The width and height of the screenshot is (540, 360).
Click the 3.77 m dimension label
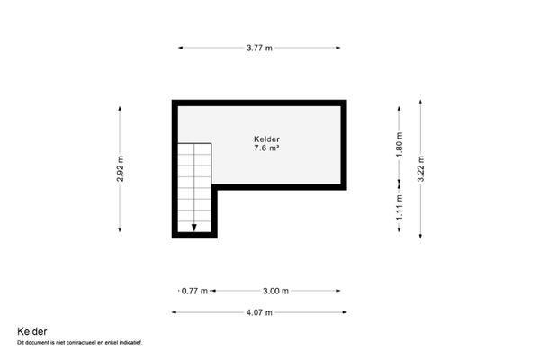click(x=260, y=48)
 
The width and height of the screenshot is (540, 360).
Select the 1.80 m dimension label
click(x=400, y=144)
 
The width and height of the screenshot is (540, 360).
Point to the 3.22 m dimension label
click(x=420, y=169)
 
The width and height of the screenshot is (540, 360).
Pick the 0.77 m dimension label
click(x=194, y=291)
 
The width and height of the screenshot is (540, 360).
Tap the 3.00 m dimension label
click(x=275, y=291)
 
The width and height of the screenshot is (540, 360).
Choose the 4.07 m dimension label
click(x=258, y=312)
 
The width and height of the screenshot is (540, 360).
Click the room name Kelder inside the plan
click(x=266, y=139)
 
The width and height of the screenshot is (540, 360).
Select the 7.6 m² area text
click(x=266, y=149)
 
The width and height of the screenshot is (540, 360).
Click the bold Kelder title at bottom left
click(x=31, y=331)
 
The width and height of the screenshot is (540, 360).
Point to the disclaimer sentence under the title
click(x=80, y=343)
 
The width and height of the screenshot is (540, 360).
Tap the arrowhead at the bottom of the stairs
click(x=194, y=228)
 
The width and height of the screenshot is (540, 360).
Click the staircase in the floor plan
click(x=194, y=184)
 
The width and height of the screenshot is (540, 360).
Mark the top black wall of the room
click(x=259, y=103)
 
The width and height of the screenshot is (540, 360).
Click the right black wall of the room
click(x=343, y=144)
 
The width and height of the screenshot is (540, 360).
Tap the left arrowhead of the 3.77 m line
click(x=181, y=48)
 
